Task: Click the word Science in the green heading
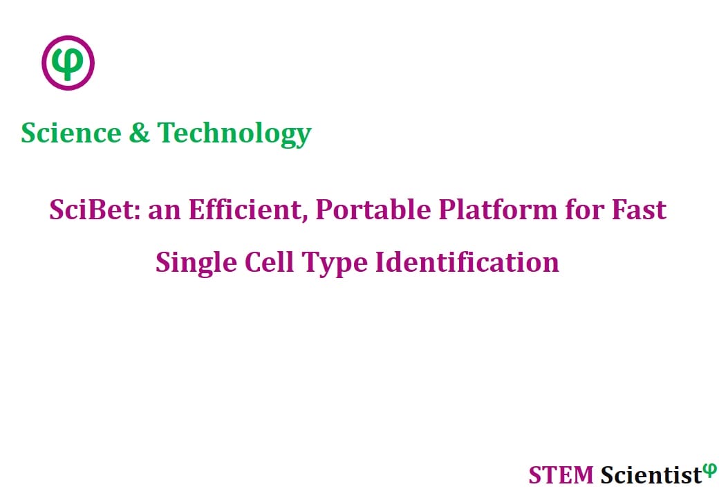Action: click(71, 133)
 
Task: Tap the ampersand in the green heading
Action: click(140, 133)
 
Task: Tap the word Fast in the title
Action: click(639, 210)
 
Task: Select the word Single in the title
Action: click(196, 263)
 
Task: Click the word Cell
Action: click(269, 262)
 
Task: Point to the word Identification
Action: click(467, 262)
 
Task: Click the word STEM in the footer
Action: click(561, 474)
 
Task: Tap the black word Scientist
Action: click(651, 474)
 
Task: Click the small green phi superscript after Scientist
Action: click(710, 470)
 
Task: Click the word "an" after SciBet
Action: click(164, 212)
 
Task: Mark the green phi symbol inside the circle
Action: click(68, 64)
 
